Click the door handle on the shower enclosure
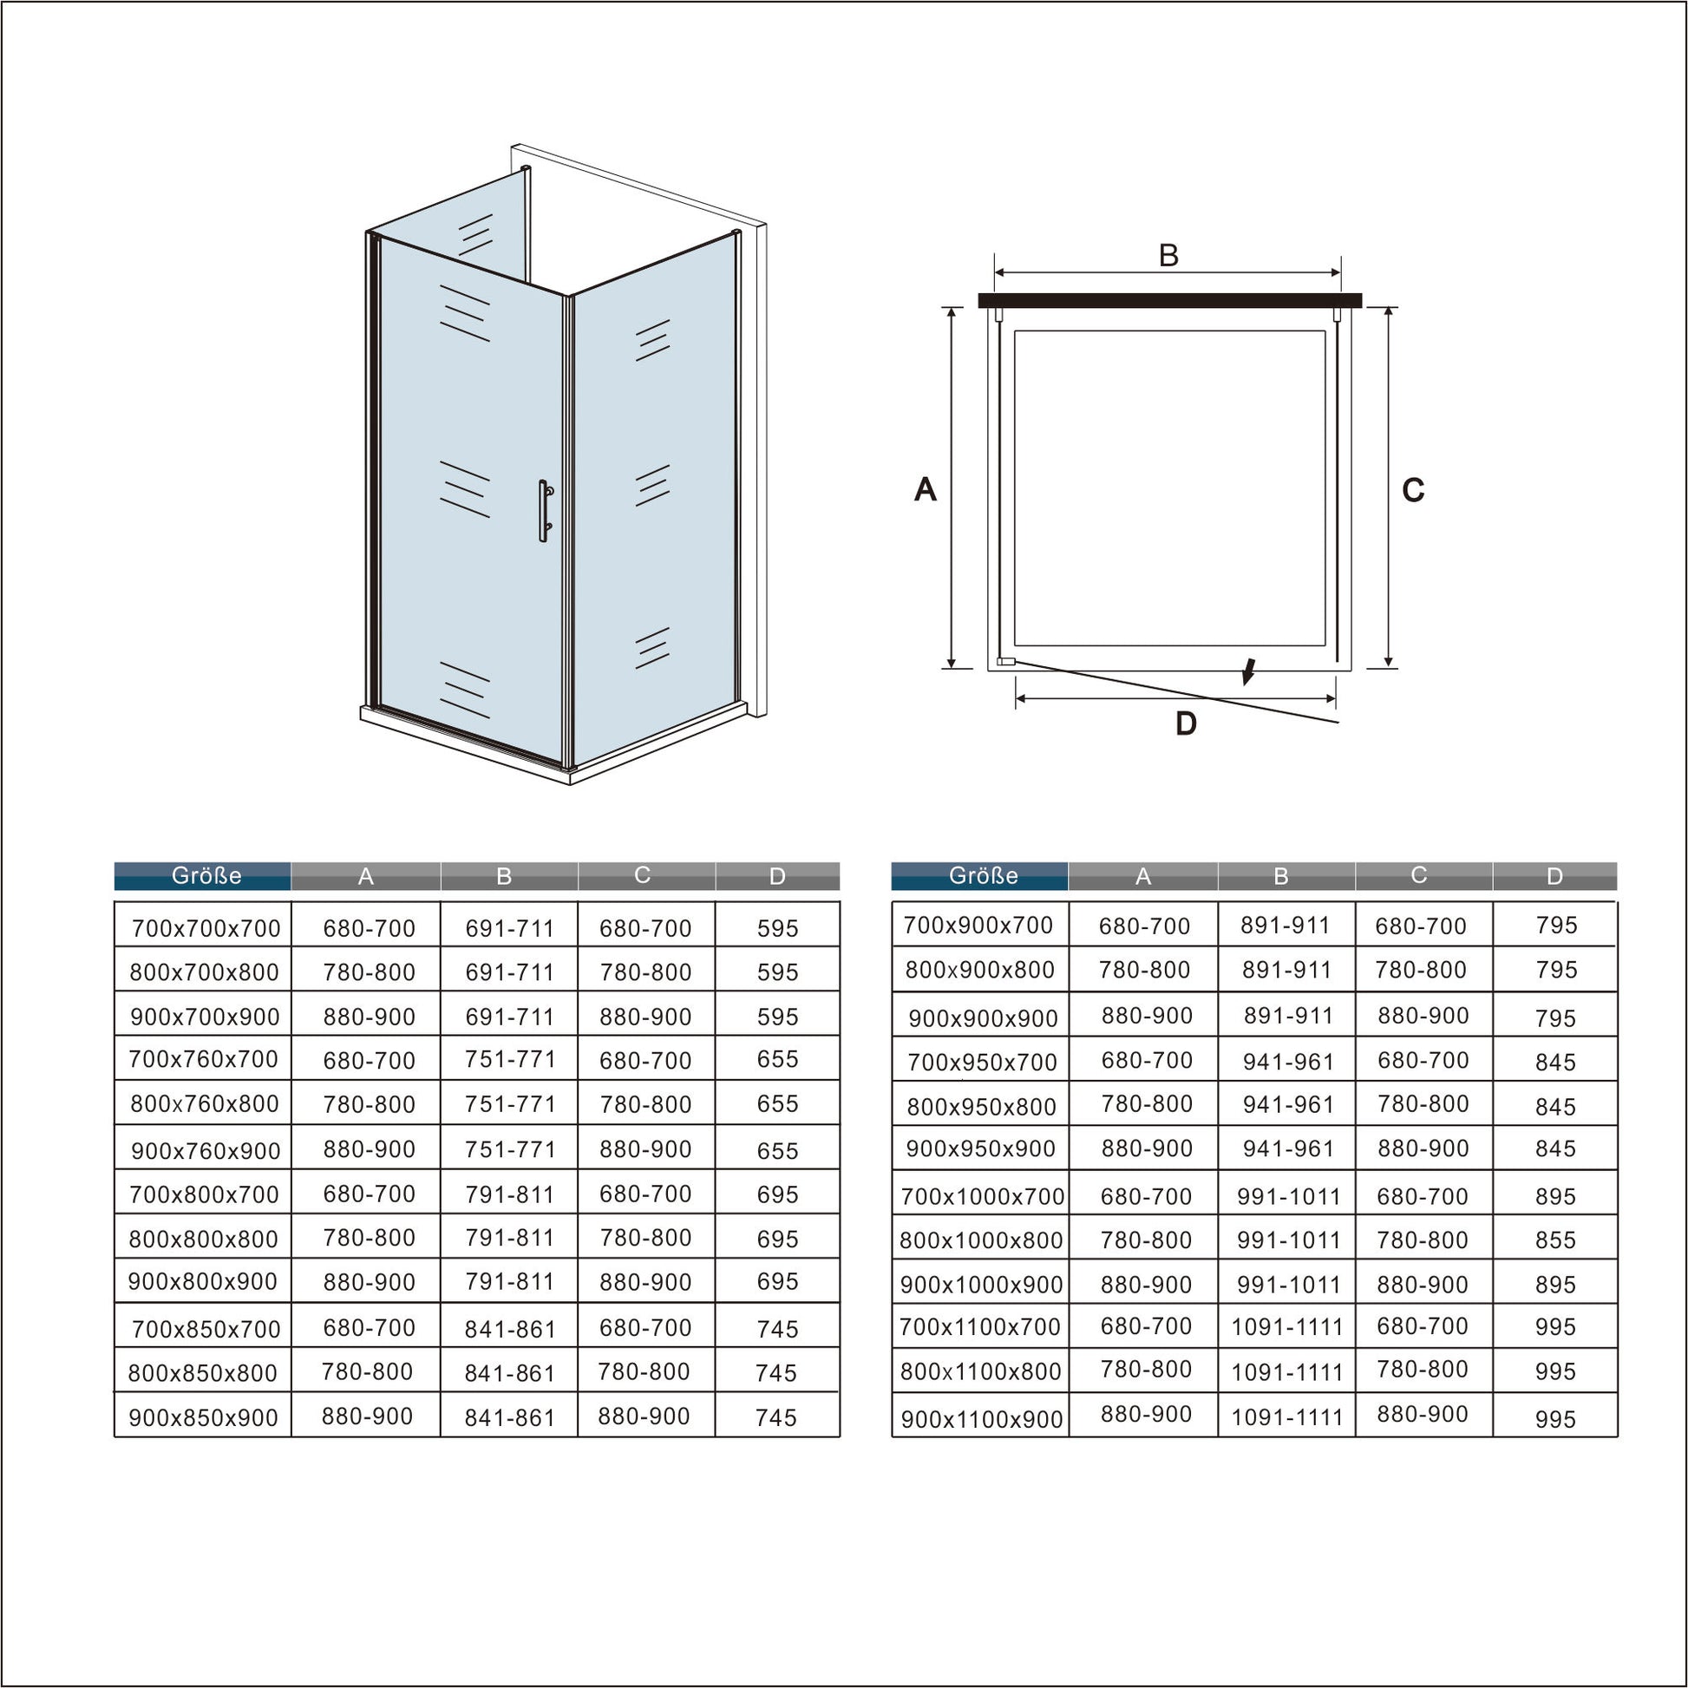(x=545, y=511)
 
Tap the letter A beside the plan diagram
(x=926, y=489)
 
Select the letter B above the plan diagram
(x=1168, y=256)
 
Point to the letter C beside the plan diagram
(x=1413, y=490)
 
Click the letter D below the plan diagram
(x=1186, y=723)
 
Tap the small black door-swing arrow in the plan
(x=1249, y=671)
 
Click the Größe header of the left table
(x=206, y=875)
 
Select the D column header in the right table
(x=1554, y=876)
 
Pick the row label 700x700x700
(x=206, y=929)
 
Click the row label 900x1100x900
(x=982, y=1420)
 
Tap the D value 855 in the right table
(x=1555, y=1240)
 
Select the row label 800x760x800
(x=205, y=1103)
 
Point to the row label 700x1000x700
(x=982, y=1196)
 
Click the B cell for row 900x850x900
(x=510, y=1417)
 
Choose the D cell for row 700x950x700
(x=1555, y=1063)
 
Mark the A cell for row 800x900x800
(x=1144, y=970)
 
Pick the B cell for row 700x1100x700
(x=1287, y=1327)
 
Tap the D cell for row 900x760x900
(x=777, y=1151)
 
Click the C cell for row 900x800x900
(x=645, y=1283)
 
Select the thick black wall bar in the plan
(x=1170, y=300)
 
